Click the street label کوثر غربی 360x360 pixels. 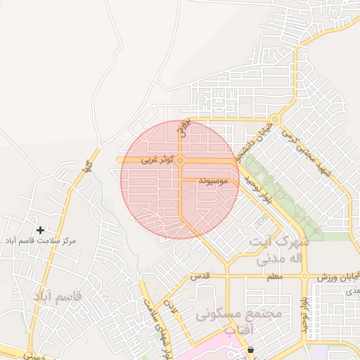tap(155, 160)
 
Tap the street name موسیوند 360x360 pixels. tap(212, 181)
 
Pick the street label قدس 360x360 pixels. tap(201, 277)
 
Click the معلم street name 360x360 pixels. tap(274, 277)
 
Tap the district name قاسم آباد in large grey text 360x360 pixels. tap(57, 297)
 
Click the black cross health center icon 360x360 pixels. tap(40, 230)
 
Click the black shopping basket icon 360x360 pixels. tap(251, 349)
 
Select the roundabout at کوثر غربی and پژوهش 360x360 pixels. tap(181, 161)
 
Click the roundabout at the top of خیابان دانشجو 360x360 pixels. tap(276, 120)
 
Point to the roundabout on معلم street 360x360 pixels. tap(304, 276)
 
